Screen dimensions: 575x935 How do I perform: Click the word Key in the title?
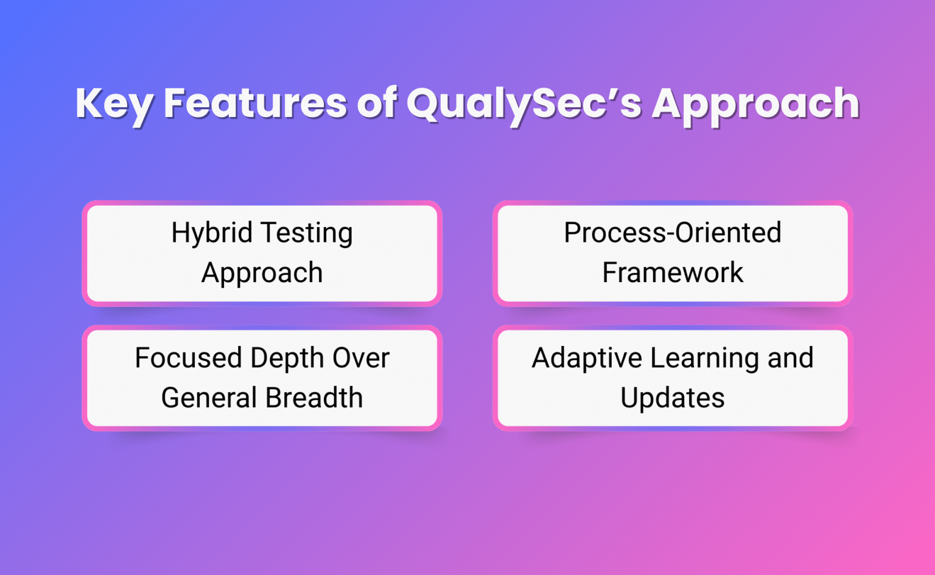coord(114,104)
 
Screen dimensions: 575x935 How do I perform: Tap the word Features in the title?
coord(255,103)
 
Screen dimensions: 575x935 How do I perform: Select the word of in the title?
coord(377,103)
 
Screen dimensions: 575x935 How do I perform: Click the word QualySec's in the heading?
coord(524,104)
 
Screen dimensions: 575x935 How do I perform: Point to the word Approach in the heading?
coord(755,104)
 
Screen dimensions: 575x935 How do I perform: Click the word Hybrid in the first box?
coord(211,233)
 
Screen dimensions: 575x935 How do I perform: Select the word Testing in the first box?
coord(307,233)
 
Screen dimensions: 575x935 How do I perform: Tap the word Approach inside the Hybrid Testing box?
coord(262,273)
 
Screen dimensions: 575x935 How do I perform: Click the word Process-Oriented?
coord(672,233)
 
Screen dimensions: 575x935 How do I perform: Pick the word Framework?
coord(672,272)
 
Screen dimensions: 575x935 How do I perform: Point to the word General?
coord(209,398)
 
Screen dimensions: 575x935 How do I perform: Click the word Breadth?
coord(314,398)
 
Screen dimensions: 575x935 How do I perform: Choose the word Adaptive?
coord(586,358)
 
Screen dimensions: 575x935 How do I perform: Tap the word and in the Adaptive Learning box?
coord(790,358)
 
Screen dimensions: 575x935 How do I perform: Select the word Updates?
coord(672,398)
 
